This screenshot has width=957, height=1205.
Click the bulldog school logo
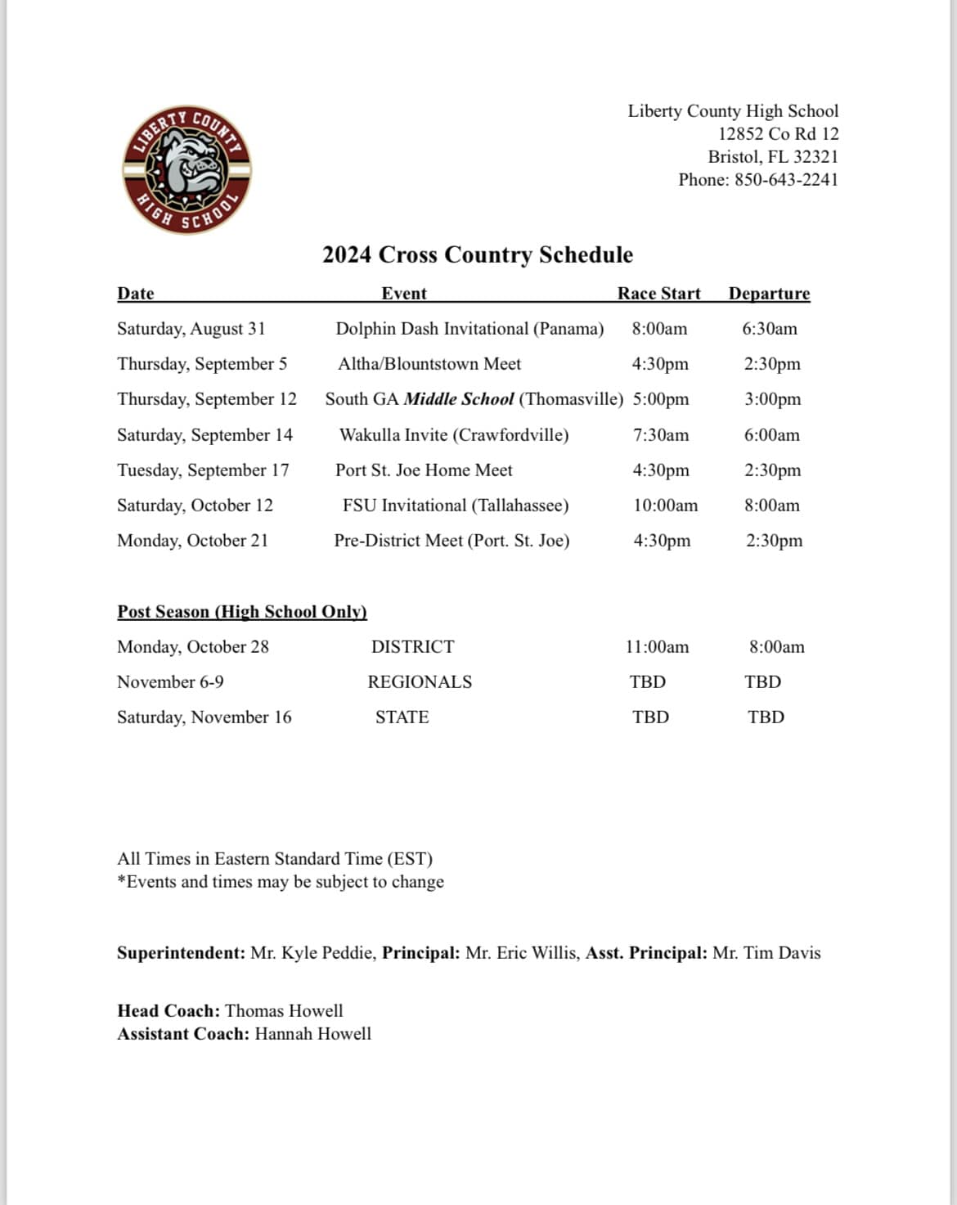(x=187, y=170)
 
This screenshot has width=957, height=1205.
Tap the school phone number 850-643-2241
(x=786, y=180)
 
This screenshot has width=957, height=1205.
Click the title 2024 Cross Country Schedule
(x=478, y=255)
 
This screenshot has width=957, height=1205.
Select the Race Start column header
(x=658, y=294)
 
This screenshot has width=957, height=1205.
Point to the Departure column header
(x=769, y=294)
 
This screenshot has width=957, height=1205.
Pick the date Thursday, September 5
(x=202, y=364)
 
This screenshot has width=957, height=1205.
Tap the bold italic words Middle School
(x=459, y=399)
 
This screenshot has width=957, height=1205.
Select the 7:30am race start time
(x=661, y=435)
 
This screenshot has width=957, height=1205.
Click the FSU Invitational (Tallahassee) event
(x=456, y=506)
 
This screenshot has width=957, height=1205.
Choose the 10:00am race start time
(x=666, y=506)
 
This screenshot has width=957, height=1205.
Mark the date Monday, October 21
(x=192, y=541)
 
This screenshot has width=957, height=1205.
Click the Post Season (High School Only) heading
(x=242, y=612)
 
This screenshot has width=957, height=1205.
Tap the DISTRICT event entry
(x=412, y=647)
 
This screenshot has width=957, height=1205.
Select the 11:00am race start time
(x=657, y=647)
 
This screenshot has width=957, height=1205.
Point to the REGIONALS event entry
(x=420, y=682)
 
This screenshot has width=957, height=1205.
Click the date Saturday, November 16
(x=204, y=717)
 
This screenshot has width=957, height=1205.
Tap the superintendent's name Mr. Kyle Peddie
(x=313, y=953)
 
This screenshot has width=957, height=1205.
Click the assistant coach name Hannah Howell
(x=312, y=1034)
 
